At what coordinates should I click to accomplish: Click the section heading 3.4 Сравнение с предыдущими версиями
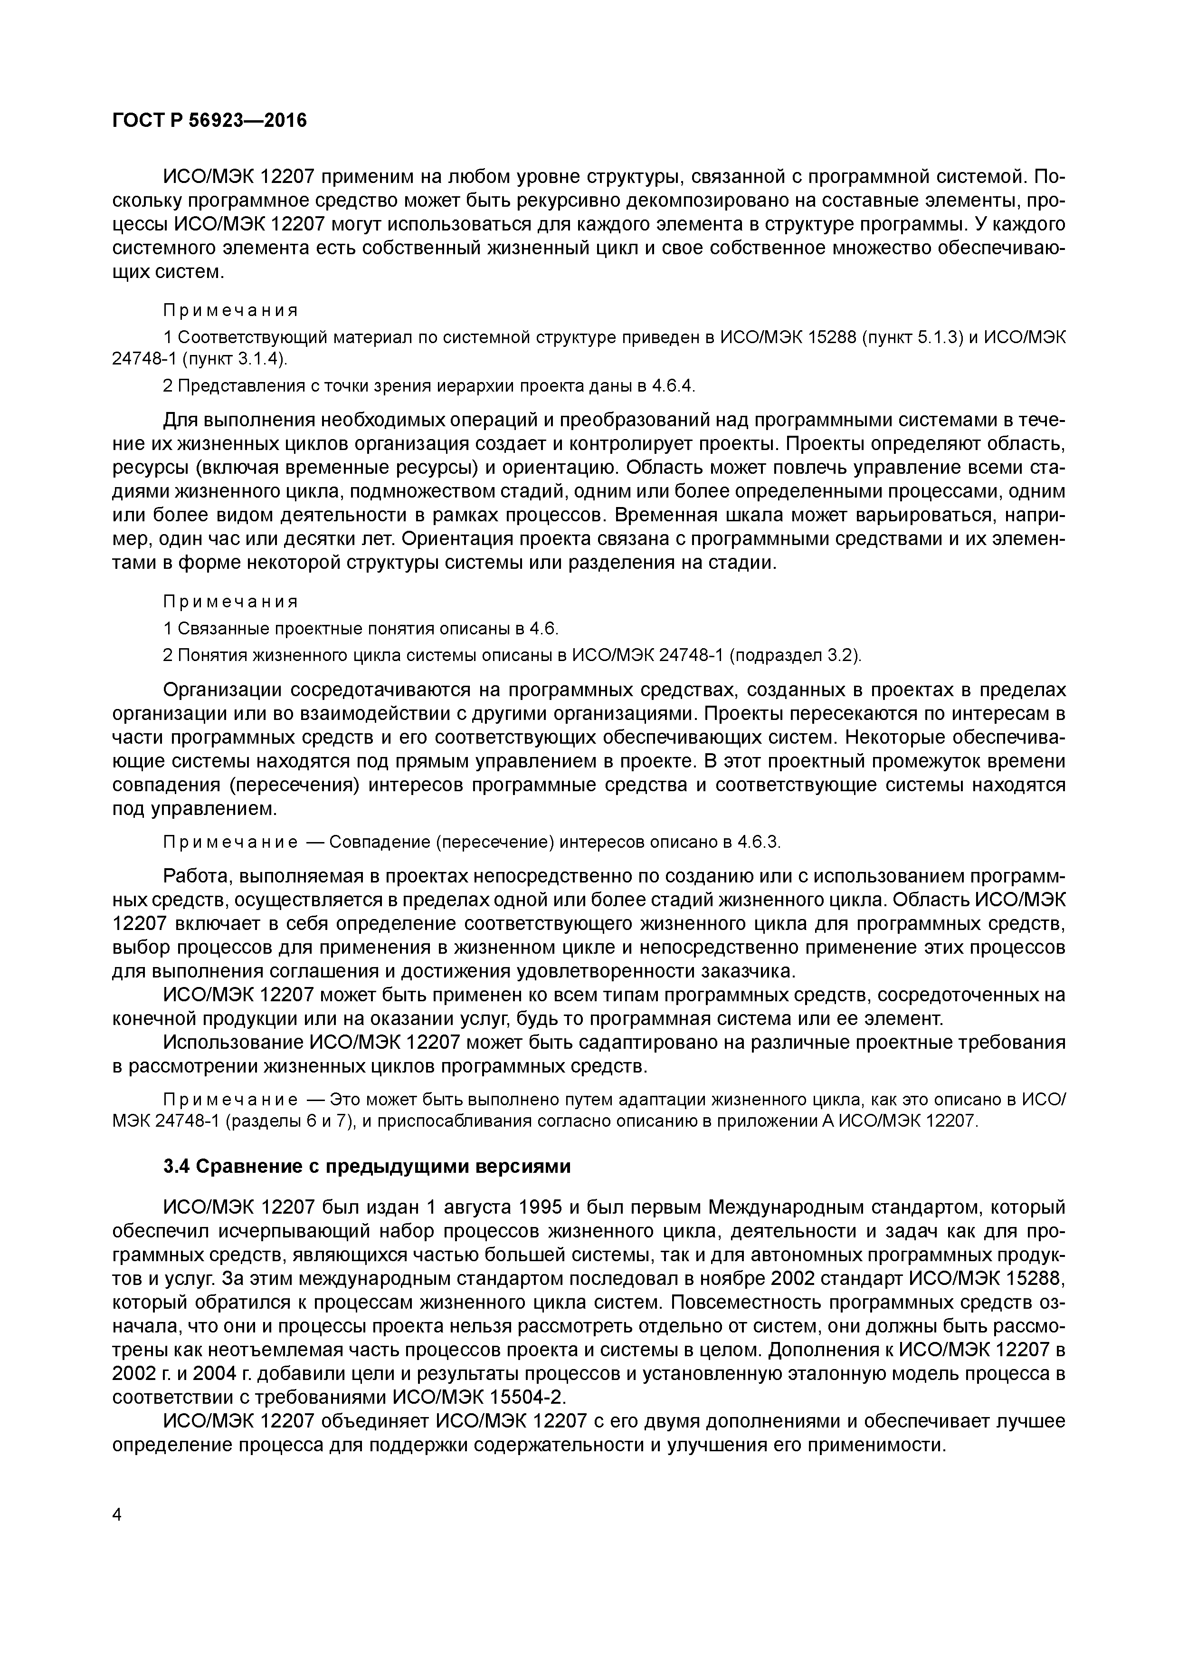pos(367,1167)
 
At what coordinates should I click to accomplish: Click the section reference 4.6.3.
pos(759,842)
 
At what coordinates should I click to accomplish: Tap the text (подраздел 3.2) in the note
pos(794,656)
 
